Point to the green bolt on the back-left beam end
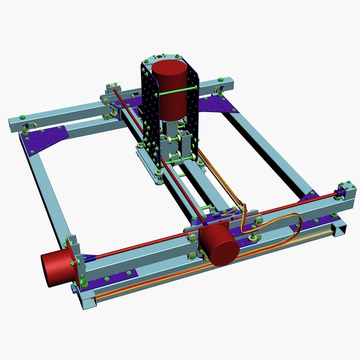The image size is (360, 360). tap(22, 116)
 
